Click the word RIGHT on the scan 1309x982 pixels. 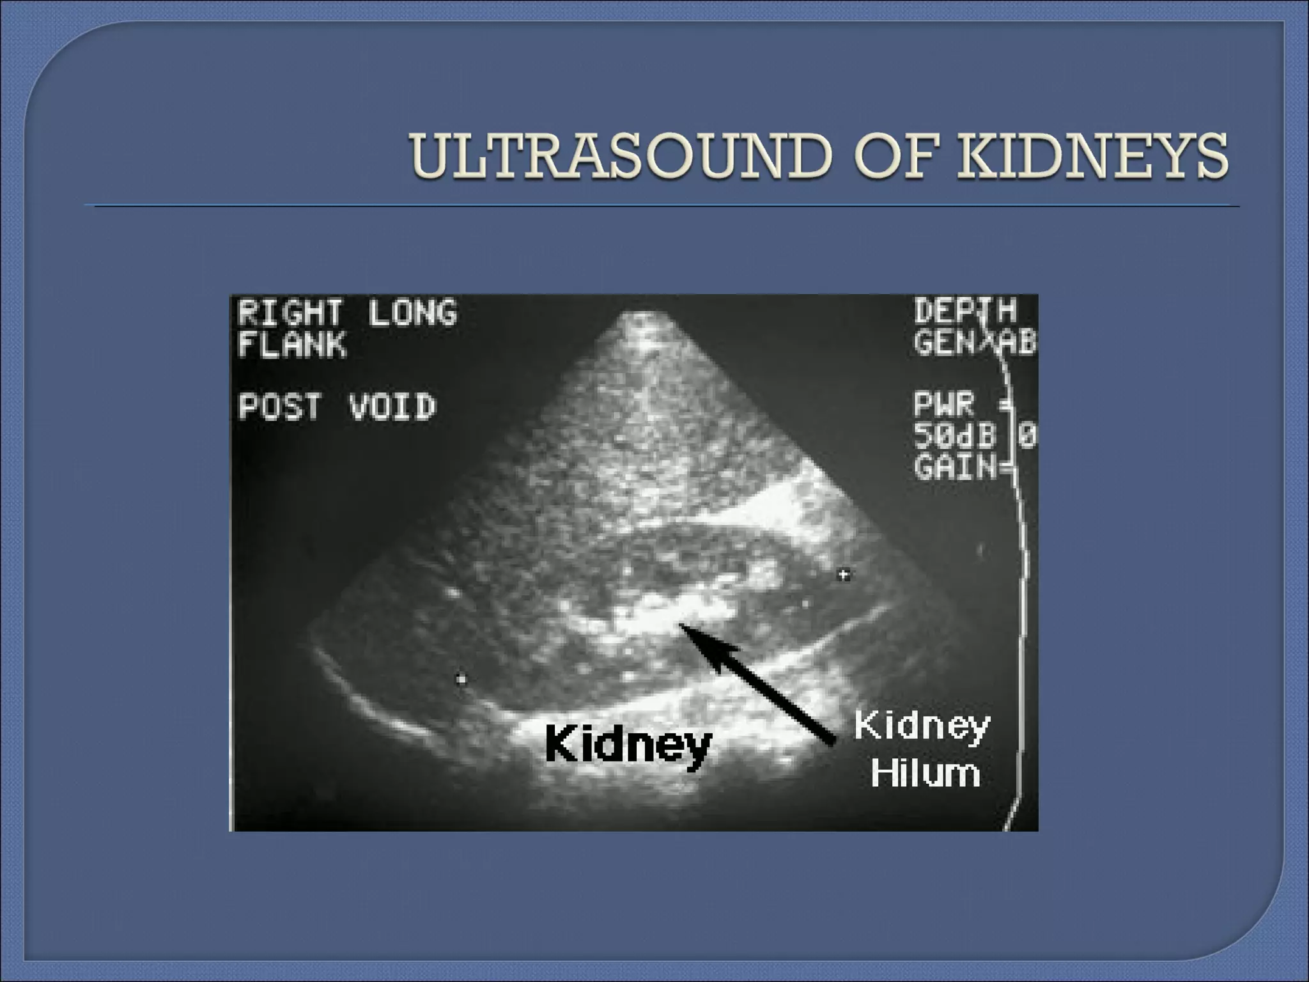pyautogui.click(x=289, y=313)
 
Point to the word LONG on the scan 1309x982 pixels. pyautogui.click(x=412, y=313)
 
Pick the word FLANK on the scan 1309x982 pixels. pyautogui.click(x=291, y=345)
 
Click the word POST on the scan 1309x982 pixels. pyautogui.click(x=279, y=407)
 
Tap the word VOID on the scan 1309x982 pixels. pyautogui.click(x=392, y=407)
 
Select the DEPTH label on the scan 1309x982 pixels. pyautogui.click(x=964, y=311)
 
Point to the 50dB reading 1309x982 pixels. pyautogui.click(x=954, y=436)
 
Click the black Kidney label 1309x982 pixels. pyautogui.click(x=628, y=745)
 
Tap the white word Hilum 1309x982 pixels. pyautogui.click(x=924, y=774)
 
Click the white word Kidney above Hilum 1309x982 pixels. pyautogui.click(x=922, y=727)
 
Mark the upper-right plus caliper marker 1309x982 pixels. pyautogui.click(x=844, y=575)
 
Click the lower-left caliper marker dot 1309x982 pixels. pyautogui.click(x=461, y=679)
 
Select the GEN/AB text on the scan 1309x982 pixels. pyautogui.click(x=975, y=343)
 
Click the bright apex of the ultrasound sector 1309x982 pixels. pyautogui.click(x=642, y=323)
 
